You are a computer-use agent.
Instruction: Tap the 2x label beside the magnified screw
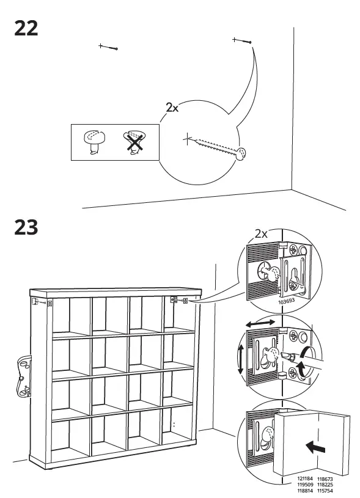(x=172, y=108)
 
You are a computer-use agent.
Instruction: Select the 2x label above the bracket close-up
(x=262, y=233)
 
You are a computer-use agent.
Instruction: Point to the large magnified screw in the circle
(x=217, y=147)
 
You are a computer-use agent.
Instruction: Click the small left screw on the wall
(x=108, y=47)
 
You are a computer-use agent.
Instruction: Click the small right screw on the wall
(x=242, y=41)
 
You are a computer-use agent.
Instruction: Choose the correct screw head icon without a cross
(x=94, y=142)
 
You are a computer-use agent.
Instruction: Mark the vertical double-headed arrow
(x=241, y=360)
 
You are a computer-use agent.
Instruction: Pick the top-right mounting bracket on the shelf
(x=179, y=300)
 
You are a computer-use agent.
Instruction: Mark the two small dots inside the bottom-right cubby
(x=173, y=423)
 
